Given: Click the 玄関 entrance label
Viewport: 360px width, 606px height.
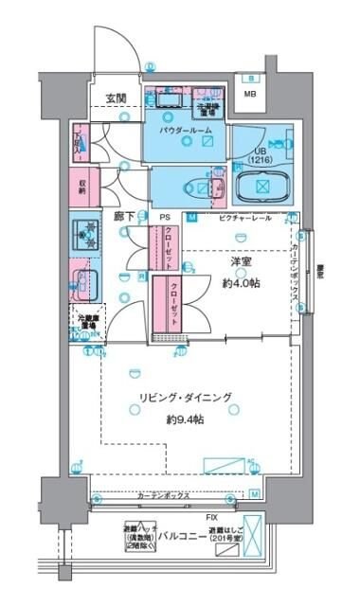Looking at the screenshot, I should pos(117,98).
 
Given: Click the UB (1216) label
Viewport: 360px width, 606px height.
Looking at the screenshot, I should pos(261,155).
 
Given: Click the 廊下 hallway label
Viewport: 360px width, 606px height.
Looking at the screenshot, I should pos(124,217).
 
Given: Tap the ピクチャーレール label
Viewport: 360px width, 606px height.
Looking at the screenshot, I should pos(245,218).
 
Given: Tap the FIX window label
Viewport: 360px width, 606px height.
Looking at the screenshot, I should pos(214,517).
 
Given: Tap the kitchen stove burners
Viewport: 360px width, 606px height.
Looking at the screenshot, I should pos(86,235).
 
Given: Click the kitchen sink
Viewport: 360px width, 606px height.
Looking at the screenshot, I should pos(84,281).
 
